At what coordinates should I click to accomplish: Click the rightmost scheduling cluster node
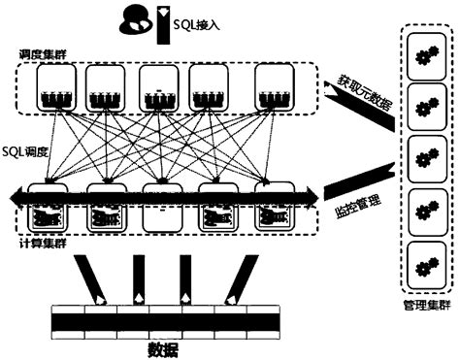275,89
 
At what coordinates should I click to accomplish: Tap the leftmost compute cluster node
46,209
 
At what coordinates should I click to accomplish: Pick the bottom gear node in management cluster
423,262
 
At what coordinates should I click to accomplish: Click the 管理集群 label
425,305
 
